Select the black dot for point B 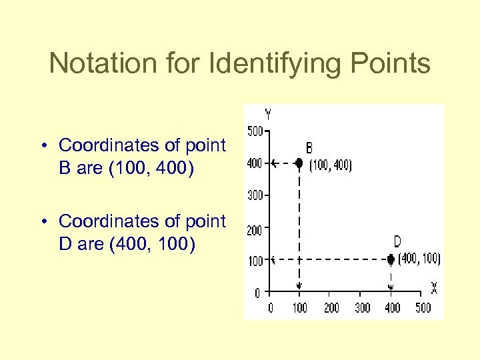299,163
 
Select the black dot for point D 391,259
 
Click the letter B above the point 309,147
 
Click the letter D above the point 397,242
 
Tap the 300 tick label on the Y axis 255,195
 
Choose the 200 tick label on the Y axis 255,230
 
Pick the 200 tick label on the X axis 331,307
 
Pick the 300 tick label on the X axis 362,307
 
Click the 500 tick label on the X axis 423,307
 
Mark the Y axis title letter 267,114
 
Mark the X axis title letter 433,288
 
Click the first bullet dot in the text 43,145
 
